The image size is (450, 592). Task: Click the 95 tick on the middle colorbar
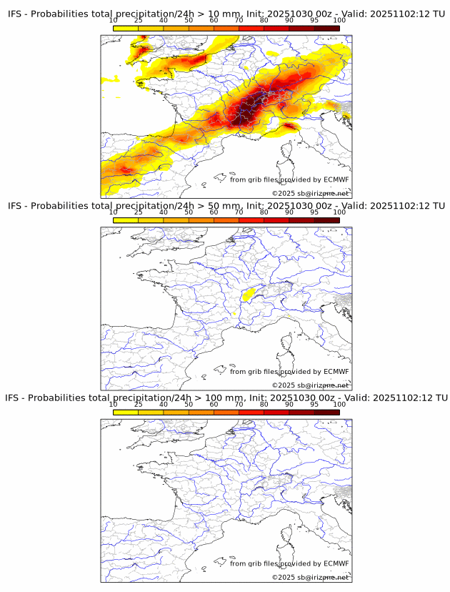[x=314, y=212]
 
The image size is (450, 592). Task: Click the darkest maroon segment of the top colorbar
[x=326, y=28]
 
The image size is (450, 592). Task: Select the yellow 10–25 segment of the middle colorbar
[x=126, y=220]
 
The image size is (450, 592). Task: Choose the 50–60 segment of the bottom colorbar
[x=201, y=412]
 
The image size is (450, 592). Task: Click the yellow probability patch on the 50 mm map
[x=249, y=294]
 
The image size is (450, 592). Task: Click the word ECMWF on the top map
[x=336, y=179]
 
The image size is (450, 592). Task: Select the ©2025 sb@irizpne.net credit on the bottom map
[x=310, y=577]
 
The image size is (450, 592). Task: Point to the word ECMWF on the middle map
[x=336, y=372]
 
